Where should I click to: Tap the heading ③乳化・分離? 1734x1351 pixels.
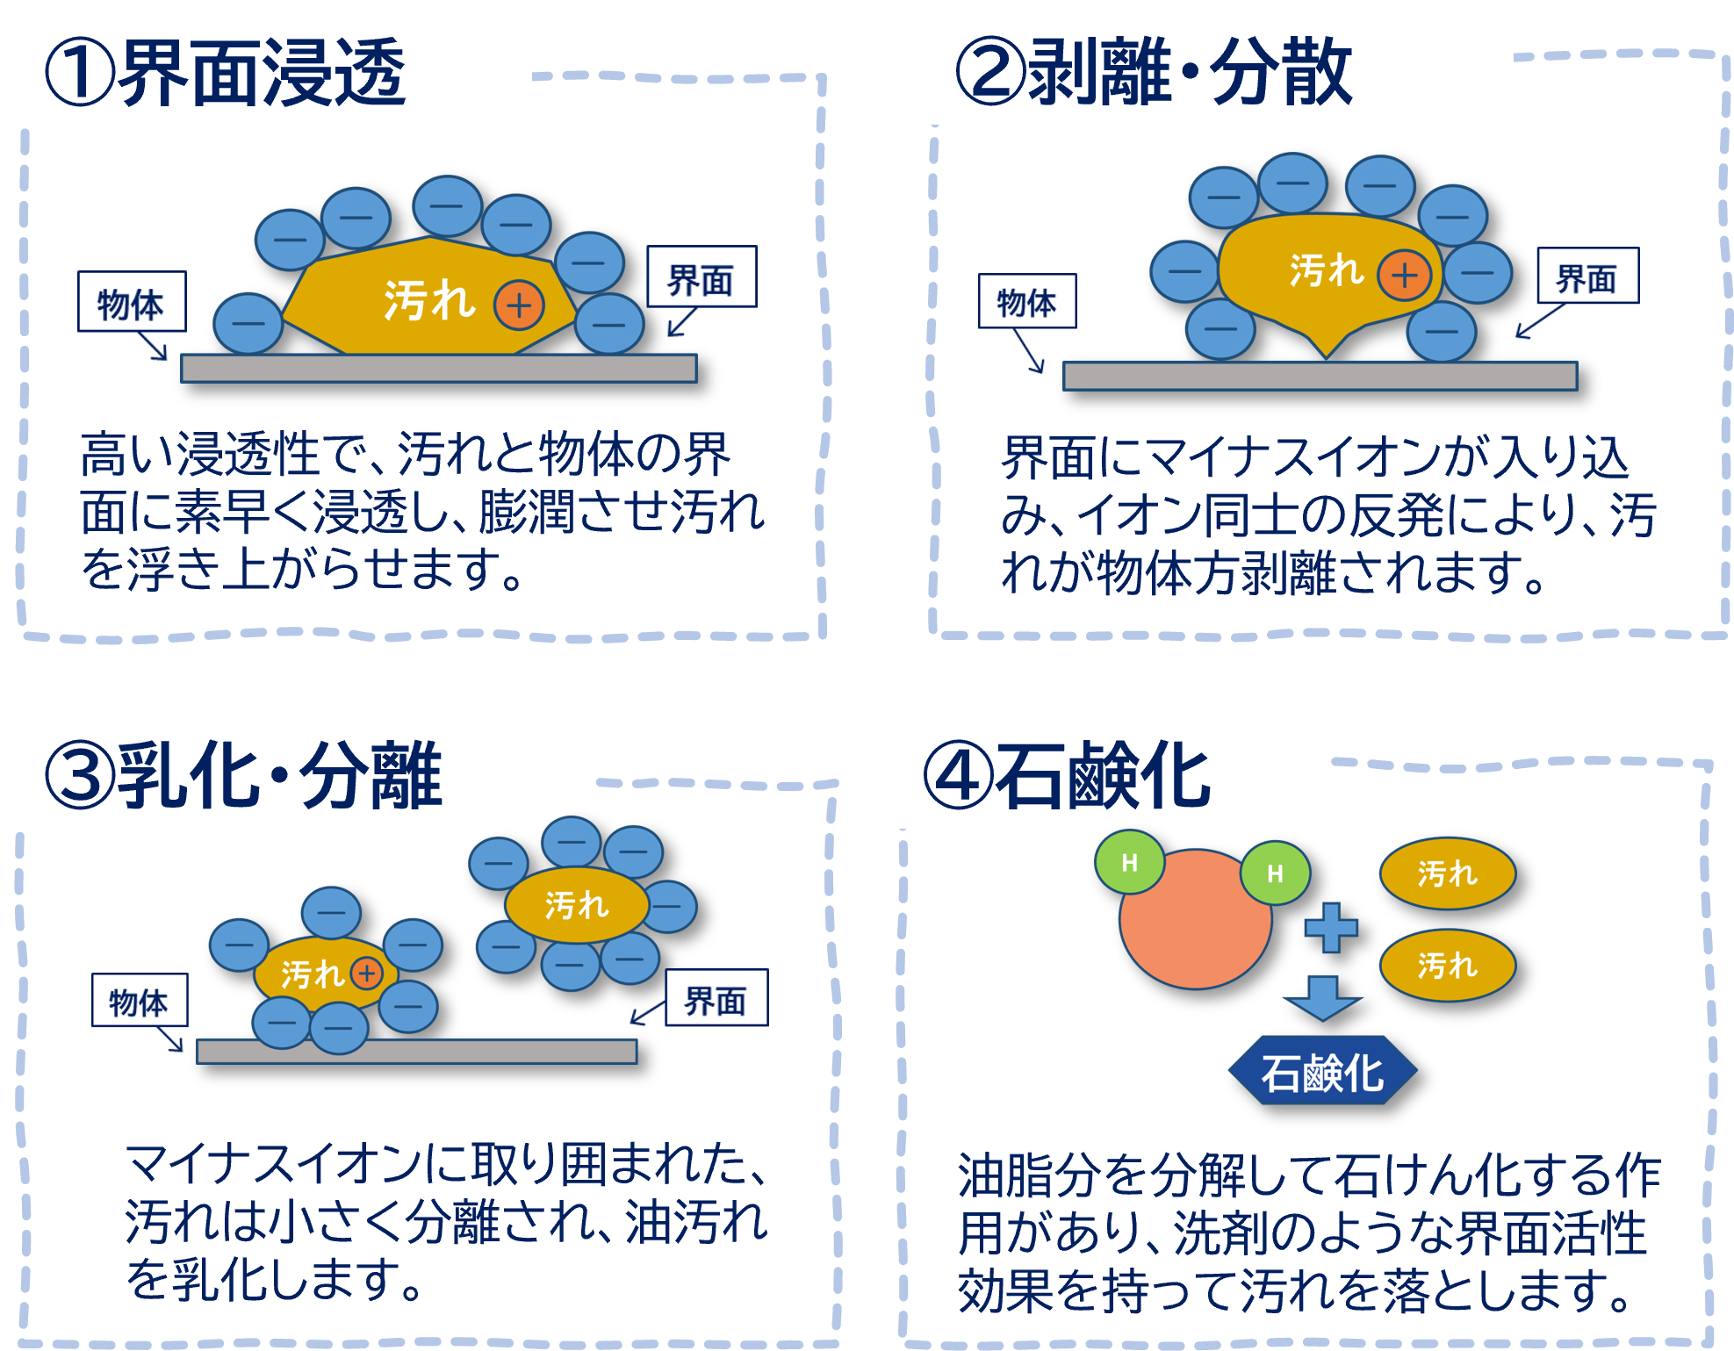coord(244,775)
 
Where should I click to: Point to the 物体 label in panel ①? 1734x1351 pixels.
coord(131,303)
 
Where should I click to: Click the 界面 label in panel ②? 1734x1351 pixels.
coord(1587,277)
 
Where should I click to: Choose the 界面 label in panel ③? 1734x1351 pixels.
coord(716,999)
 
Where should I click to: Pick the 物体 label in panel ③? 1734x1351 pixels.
coord(139,1001)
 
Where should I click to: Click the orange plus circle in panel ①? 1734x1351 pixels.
coord(519,305)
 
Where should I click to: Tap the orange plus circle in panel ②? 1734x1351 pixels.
coord(1404,275)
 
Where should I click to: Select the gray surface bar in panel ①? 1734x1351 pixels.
coord(439,369)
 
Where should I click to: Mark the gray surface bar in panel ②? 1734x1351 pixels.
coord(1320,377)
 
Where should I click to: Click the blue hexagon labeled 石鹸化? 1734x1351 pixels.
coord(1322,1073)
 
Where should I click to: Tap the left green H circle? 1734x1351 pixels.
coord(1130,863)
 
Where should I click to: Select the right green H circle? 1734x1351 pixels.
coord(1275,873)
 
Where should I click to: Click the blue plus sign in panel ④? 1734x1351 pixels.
coord(1331,928)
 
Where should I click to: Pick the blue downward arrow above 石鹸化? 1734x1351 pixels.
coord(1322,998)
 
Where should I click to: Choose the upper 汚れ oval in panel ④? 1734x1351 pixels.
coord(1447,873)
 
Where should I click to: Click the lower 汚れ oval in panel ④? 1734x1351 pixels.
coord(1447,966)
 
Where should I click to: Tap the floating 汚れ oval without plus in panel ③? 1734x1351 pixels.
coord(576,904)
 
